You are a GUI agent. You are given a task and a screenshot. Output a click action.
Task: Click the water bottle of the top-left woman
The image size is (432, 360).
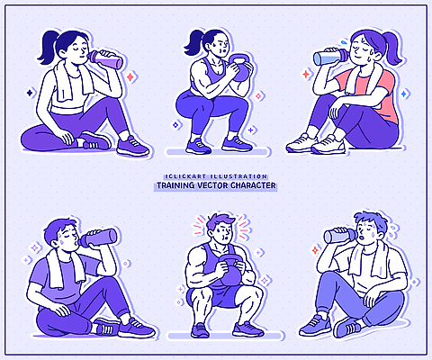(x=107, y=60)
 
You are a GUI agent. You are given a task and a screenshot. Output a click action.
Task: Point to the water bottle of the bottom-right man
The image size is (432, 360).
(x=337, y=236)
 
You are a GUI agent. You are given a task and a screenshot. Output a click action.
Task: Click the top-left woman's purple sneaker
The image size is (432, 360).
(x=132, y=145)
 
